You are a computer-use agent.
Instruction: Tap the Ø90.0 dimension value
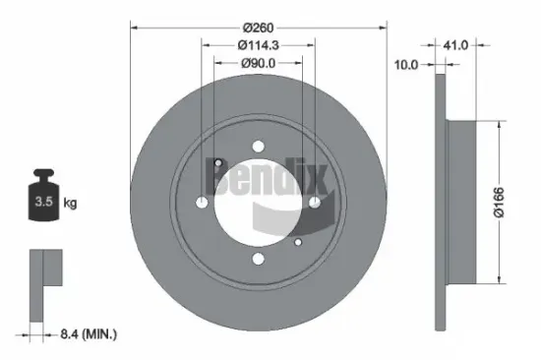[x=258, y=64]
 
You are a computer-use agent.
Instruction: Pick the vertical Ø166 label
[x=512, y=202]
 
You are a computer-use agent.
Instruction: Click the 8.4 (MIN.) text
[x=84, y=335]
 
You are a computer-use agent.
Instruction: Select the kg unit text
[x=70, y=204]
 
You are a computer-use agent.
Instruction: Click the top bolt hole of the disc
[x=258, y=147]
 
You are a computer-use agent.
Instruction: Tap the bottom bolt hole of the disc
[x=258, y=260]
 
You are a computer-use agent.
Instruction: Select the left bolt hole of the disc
[x=202, y=203]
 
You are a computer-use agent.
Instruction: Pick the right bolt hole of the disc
[x=315, y=203]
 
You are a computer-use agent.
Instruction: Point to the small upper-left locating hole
[x=218, y=163]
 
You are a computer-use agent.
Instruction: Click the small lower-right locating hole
[x=298, y=241]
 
